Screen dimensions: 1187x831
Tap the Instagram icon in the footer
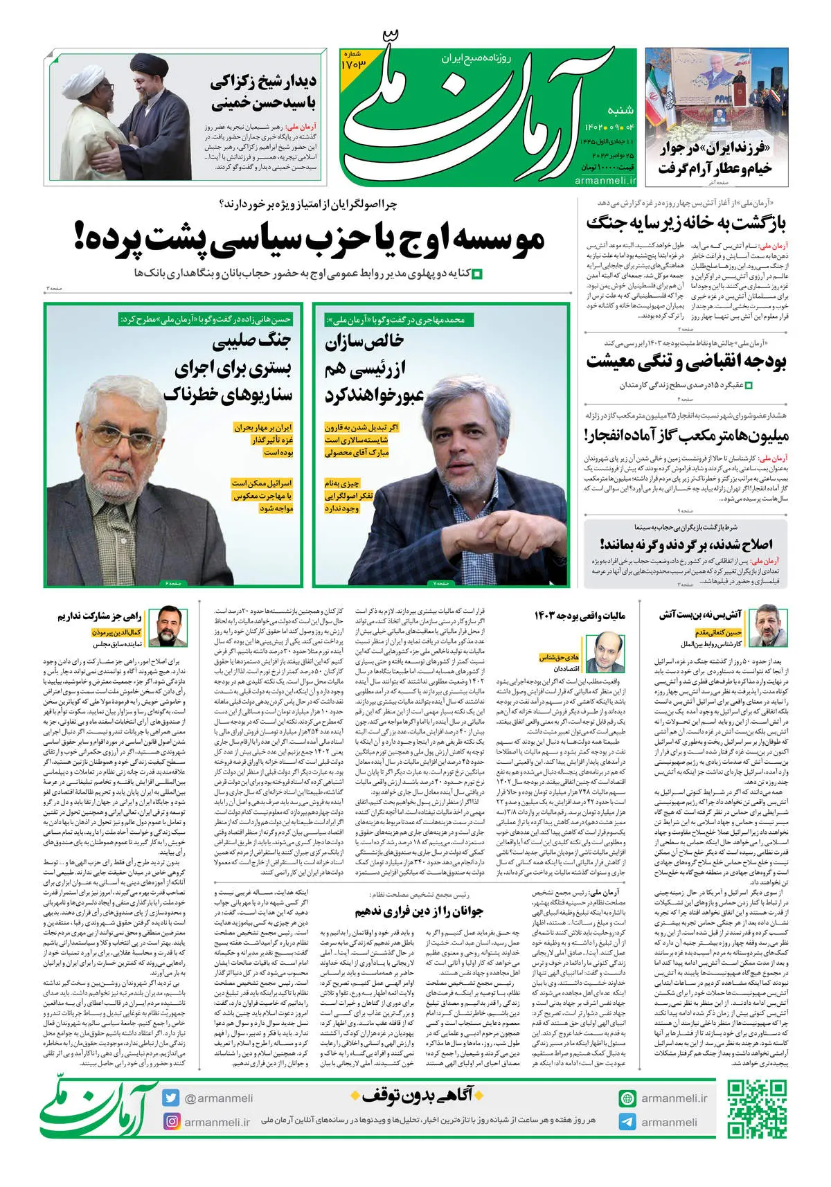click(171, 1121)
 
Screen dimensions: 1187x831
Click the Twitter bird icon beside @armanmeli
click(171, 1098)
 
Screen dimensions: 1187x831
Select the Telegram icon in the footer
click(627, 1122)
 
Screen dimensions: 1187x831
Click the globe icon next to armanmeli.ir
click(627, 1098)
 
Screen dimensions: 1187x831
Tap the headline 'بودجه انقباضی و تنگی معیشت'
click(686, 362)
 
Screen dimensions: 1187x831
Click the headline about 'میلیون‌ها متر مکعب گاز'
click(686, 436)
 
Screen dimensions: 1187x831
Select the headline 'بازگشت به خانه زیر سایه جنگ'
click(686, 223)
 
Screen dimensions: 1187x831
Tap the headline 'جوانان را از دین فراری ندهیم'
click(419, 911)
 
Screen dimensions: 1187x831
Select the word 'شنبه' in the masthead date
click(620, 110)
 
